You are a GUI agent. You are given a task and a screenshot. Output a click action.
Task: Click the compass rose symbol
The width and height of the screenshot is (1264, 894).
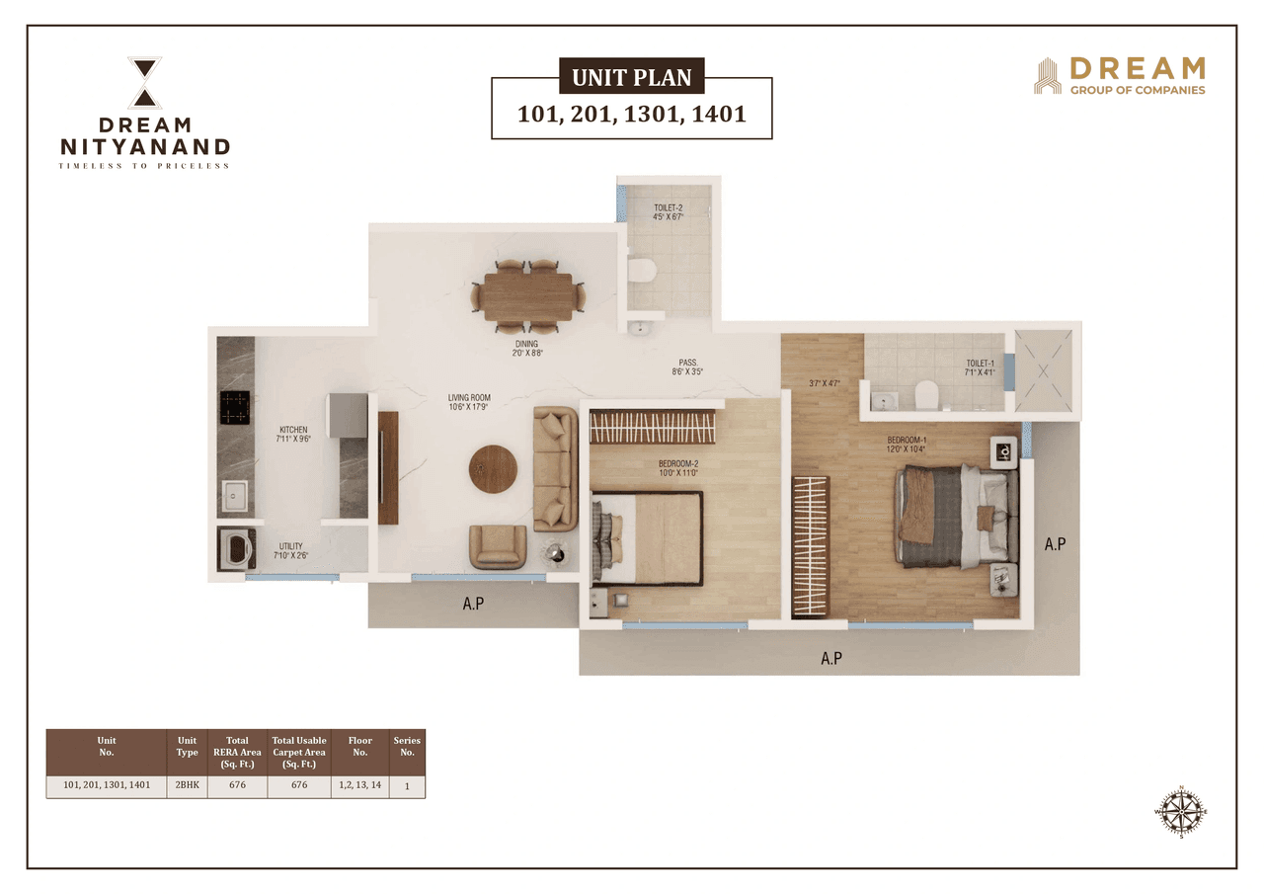click(1180, 811)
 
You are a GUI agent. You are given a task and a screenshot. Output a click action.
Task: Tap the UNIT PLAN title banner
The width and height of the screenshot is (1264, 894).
click(632, 76)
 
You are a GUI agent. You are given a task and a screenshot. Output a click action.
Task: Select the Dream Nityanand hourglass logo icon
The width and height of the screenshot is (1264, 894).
click(145, 82)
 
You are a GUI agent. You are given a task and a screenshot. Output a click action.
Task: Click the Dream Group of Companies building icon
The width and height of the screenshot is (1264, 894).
click(1047, 76)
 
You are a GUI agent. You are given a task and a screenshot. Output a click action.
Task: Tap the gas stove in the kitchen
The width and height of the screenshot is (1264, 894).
click(234, 405)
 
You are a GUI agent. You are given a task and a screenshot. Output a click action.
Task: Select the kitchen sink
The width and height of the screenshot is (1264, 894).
click(235, 495)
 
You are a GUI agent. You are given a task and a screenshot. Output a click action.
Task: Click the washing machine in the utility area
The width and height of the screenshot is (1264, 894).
click(235, 548)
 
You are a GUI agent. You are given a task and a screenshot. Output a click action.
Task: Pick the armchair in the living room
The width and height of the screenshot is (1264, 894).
click(498, 545)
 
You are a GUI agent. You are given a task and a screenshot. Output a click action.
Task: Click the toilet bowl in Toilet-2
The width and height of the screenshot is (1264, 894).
click(641, 270)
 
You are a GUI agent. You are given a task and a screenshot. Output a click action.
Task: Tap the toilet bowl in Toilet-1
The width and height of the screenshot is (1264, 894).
click(926, 395)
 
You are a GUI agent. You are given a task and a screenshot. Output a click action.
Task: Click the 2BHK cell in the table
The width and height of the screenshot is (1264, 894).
click(187, 786)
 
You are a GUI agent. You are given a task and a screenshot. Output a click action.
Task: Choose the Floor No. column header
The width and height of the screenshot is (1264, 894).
click(359, 746)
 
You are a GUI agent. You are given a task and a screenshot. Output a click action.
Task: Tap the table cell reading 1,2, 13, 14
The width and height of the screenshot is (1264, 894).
click(359, 786)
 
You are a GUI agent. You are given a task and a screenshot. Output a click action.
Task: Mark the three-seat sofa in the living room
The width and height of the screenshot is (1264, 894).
click(555, 467)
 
